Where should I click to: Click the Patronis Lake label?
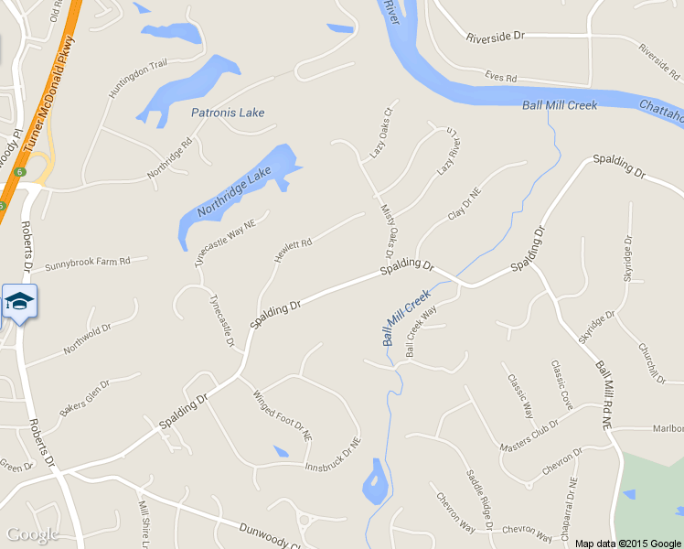point(228,113)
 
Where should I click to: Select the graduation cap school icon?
point(19,302)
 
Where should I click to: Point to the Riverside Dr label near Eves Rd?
point(495,38)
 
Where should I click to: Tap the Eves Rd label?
point(501,79)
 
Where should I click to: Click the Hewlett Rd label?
point(294,251)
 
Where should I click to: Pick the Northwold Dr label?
point(87,339)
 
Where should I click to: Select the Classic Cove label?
point(561,384)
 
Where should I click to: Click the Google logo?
point(32,534)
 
